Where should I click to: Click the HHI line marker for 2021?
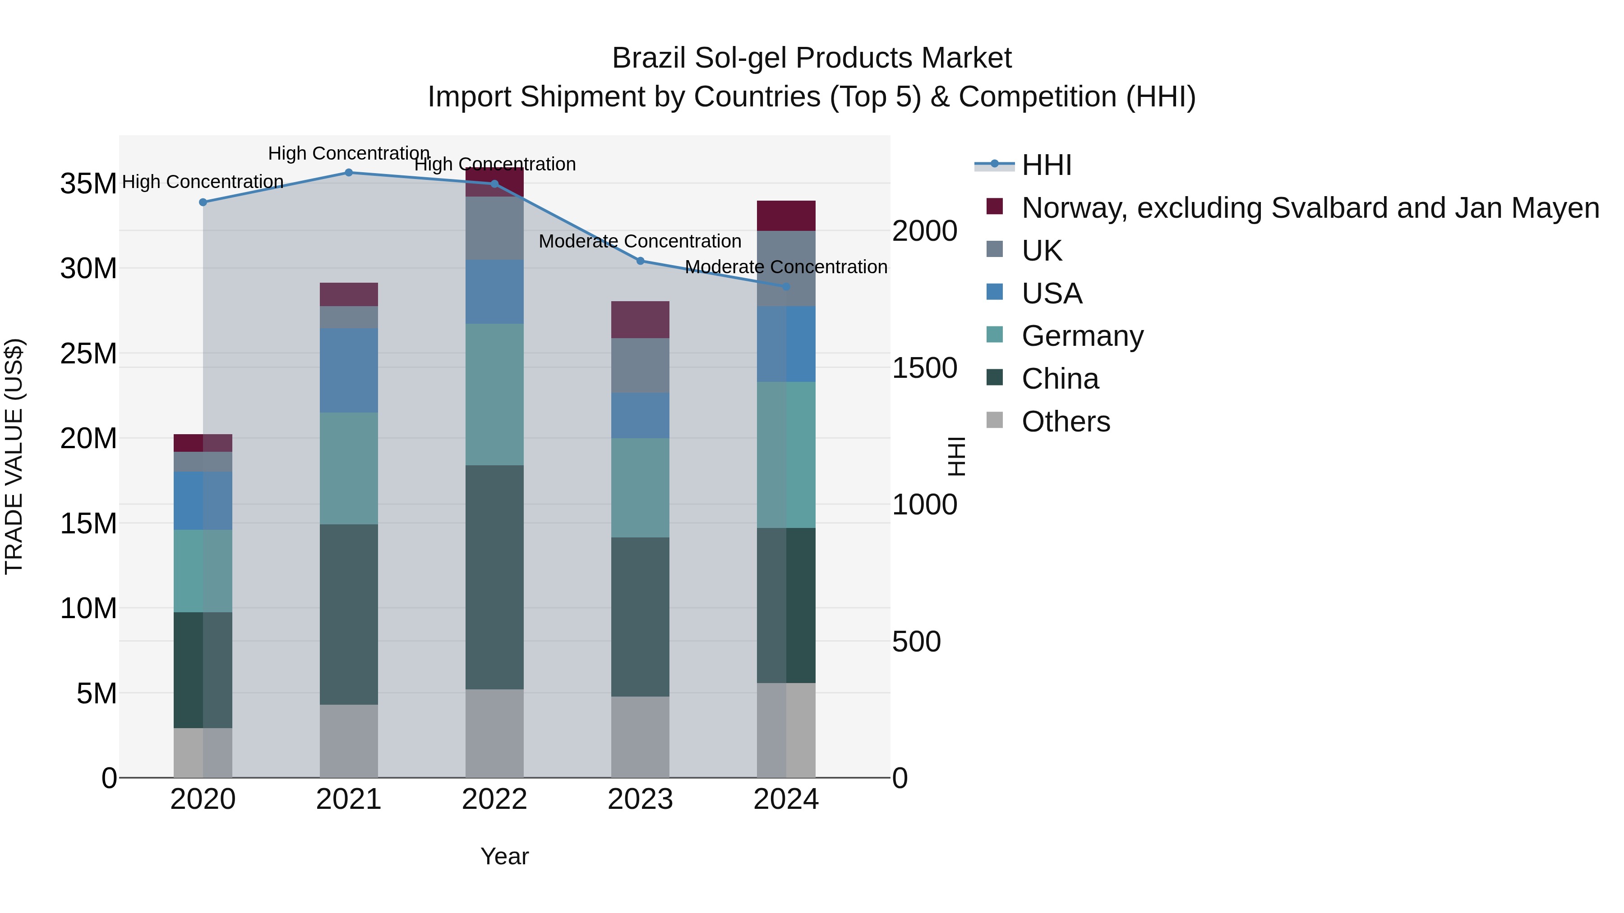tap(349, 173)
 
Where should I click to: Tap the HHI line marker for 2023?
tap(640, 261)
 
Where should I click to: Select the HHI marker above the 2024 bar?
tap(786, 287)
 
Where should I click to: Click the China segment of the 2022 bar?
tap(494, 577)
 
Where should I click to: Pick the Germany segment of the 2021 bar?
tap(349, 468)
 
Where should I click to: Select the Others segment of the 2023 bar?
tap(640, 737)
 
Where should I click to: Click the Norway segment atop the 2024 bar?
tap(786, 216)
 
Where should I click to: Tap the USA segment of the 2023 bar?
tap(640, 415)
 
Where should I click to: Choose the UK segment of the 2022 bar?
tap(494, 228)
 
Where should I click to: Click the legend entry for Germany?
tap(1082, 336)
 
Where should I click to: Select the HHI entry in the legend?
tap(1047, 165)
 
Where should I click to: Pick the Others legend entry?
tap(1066, 422)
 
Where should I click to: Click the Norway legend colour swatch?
tap(994, 206)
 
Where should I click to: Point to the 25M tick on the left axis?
tap(88, 353)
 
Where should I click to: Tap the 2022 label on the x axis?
tap(494, 799)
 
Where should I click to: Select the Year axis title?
tap(504, 856)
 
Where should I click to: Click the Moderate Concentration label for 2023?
tap(640, 241)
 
